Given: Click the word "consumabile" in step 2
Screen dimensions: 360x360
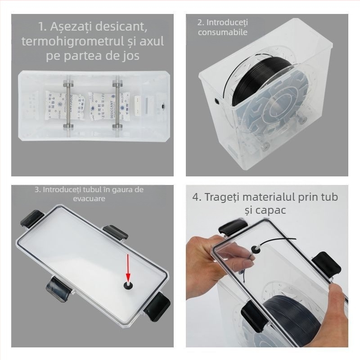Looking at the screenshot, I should pos(222,32).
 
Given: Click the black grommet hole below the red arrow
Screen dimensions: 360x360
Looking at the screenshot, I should pos(127,285).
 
